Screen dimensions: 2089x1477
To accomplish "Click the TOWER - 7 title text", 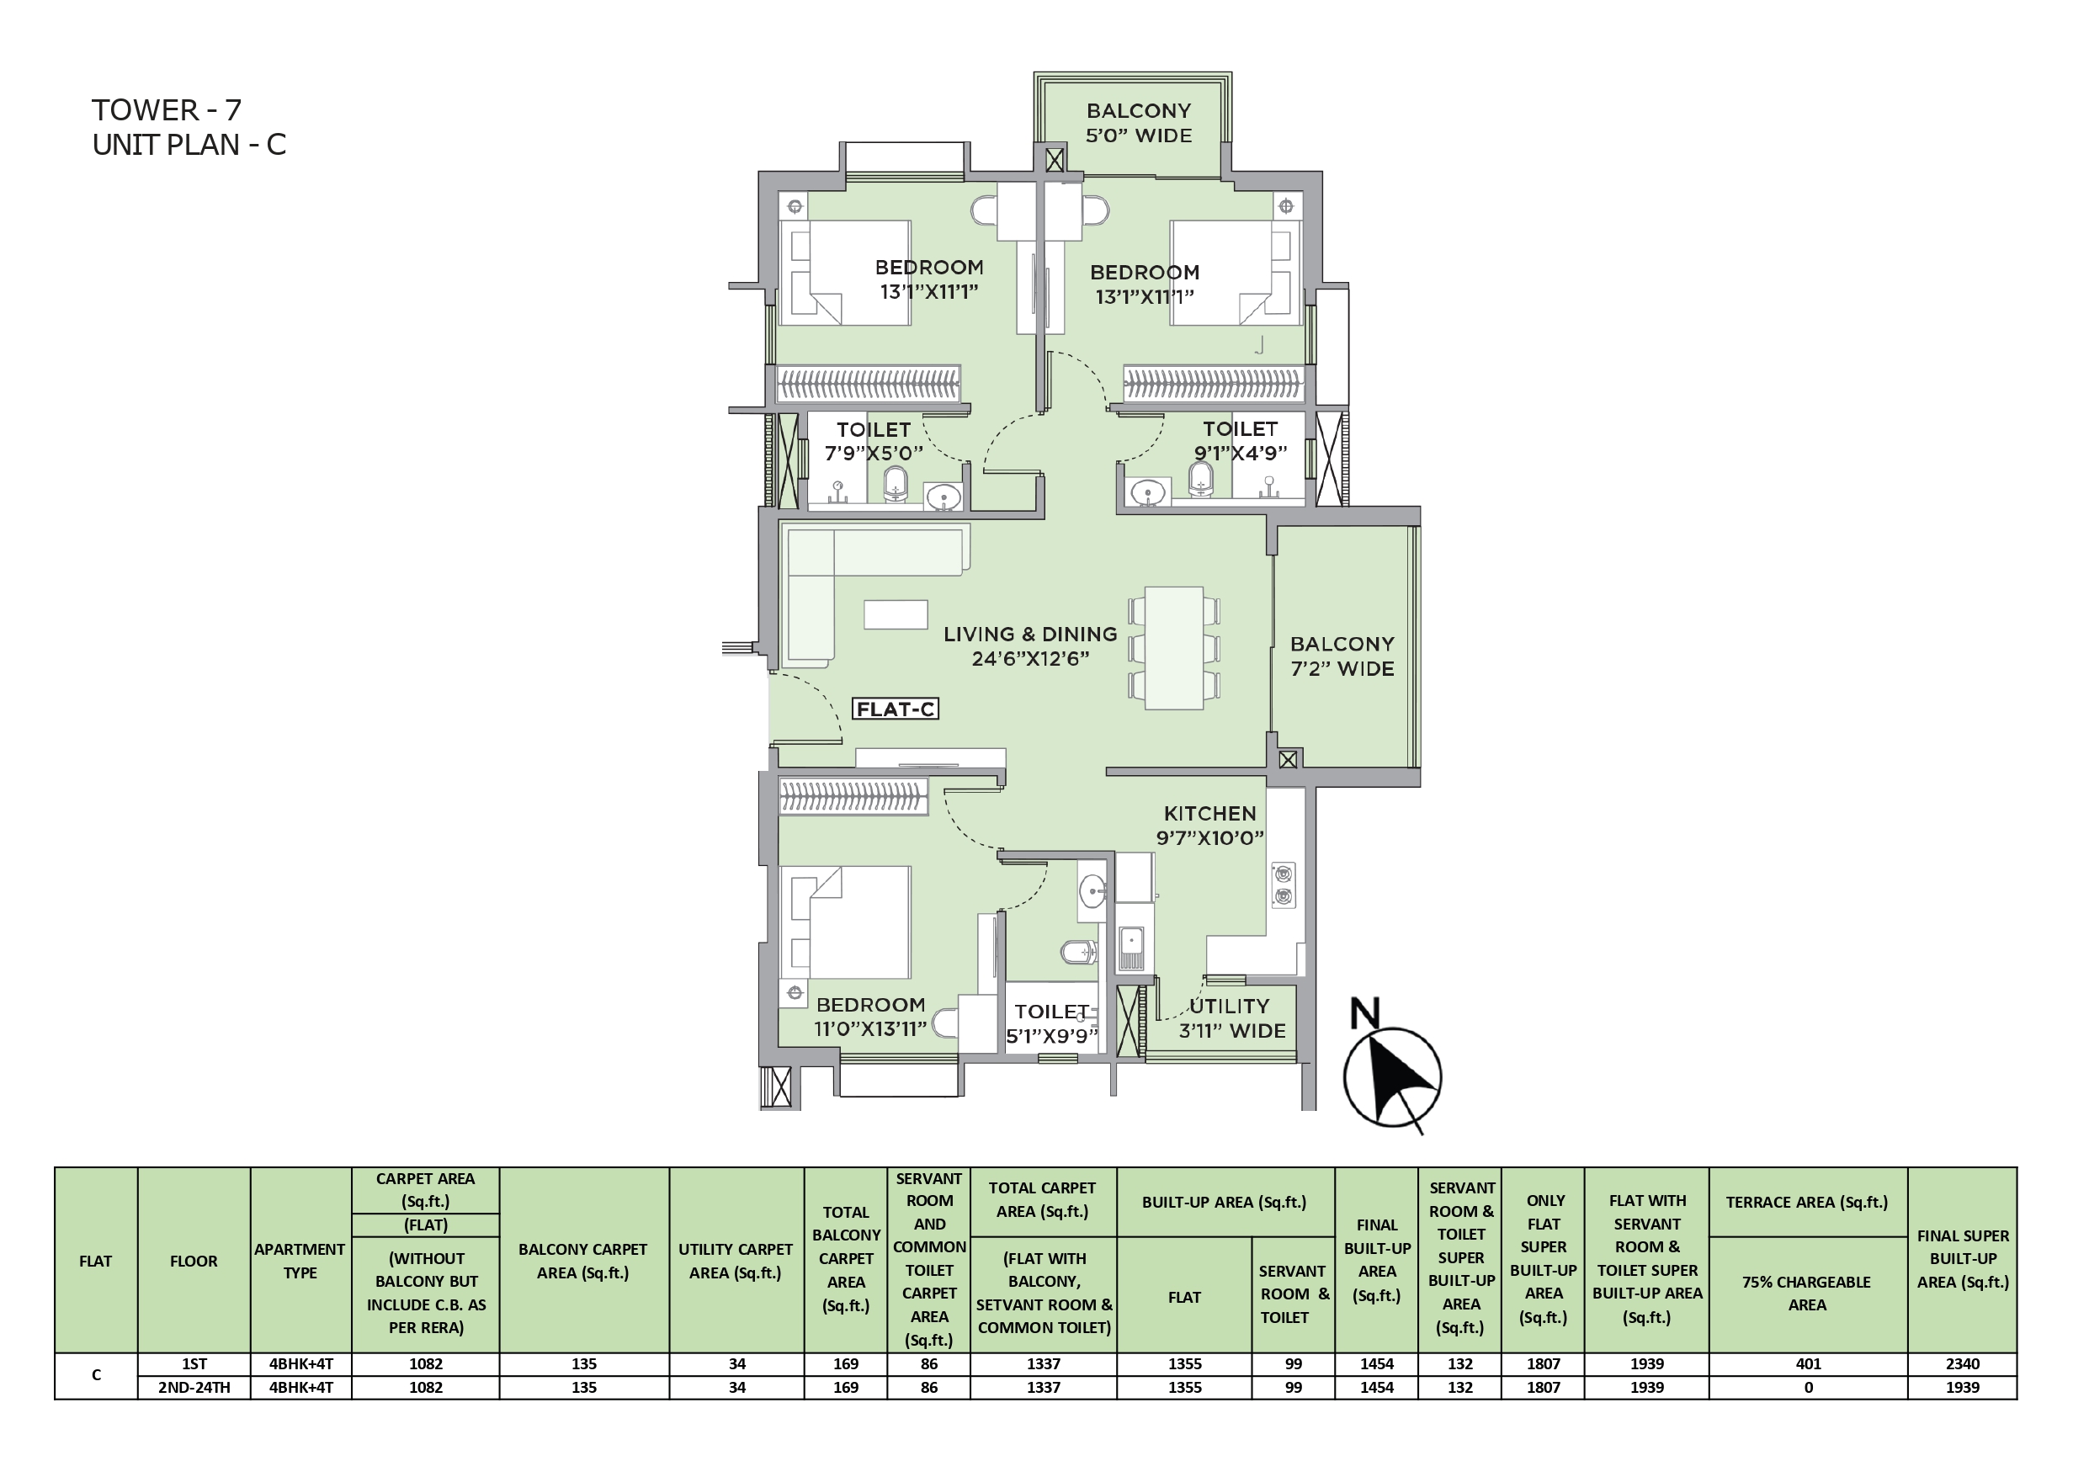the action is [167, 110].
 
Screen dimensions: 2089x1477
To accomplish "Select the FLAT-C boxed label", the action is [896, 709].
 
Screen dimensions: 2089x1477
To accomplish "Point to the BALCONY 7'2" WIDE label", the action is [1342, 656].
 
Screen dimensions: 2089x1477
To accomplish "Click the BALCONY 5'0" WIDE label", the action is [1138, 123].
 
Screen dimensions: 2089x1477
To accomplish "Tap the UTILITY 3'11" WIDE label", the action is [1232, 1018].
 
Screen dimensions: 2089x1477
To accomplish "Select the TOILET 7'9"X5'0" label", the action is [874, 441].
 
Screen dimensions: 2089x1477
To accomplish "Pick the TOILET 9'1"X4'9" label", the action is [1240, 440].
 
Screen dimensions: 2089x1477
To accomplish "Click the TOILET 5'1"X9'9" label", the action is [1052, 1023].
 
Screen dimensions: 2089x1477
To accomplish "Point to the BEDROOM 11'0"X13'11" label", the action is [871, 1017].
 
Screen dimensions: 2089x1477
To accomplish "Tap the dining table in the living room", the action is [1175, 648].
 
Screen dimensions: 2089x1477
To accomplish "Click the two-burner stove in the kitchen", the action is [1283, 885].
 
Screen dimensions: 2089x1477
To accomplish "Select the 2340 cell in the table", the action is [1963, 1364].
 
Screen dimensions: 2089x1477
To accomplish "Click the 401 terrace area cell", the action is [1808, 1364].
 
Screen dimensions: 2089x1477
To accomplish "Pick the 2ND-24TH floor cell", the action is [194, 1388].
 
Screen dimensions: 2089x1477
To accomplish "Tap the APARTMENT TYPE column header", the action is [300, 1262].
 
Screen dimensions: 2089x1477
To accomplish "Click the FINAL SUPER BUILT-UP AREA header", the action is [1963, 1258].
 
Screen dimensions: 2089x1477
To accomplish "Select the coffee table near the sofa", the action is [896, 614].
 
